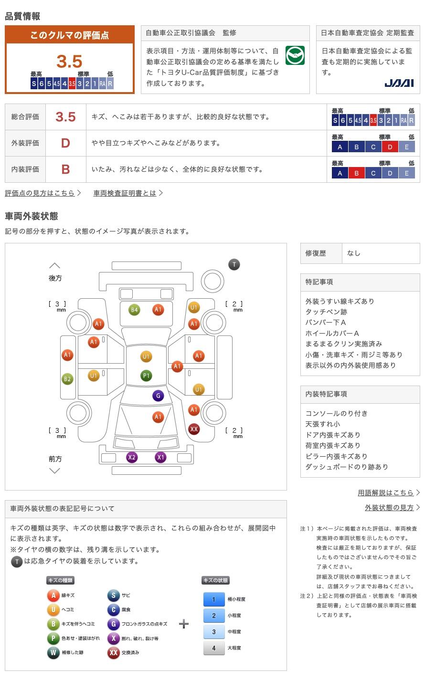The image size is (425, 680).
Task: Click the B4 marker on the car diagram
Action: click(134, 310)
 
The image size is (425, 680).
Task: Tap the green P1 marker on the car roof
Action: click(146, 376)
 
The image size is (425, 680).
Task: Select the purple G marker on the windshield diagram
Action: click(158, 396)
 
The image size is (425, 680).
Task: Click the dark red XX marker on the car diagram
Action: click(194, 429)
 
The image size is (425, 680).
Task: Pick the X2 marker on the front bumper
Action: click(132, 457)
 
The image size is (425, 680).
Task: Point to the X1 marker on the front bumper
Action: click(160, 457)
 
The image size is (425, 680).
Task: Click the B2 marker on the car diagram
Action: click(67, 379)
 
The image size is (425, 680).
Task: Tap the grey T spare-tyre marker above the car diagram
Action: click(234, 264)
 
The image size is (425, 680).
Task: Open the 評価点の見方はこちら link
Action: click(40, 193)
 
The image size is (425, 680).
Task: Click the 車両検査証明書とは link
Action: click(125, 193)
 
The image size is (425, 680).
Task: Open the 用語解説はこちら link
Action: click(385, 492)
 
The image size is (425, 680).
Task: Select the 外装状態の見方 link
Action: click(389, 508)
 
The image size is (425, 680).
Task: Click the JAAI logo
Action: click(399, 83)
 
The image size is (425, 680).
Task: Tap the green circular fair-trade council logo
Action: click(295, 55)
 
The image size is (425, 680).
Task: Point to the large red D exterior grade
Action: click(65, 143)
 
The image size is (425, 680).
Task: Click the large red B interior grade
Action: click(65, 169)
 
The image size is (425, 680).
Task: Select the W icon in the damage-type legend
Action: click(53, 652)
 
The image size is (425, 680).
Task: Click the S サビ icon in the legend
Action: click(113, 596)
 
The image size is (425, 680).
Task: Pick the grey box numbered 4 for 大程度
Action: click(214, 648)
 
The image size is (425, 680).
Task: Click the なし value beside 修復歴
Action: click(354, 253)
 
